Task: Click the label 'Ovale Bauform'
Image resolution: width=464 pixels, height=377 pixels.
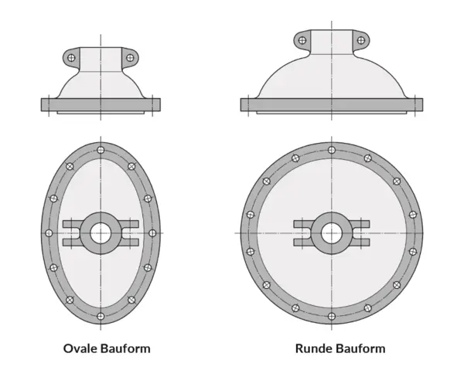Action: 107,348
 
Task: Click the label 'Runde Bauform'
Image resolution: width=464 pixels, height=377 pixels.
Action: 340,348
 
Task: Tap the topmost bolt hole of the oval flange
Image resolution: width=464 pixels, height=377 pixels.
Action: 101,150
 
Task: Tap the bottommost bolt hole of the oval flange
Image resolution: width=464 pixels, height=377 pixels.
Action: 101,316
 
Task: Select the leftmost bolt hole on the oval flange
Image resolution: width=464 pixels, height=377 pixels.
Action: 49,233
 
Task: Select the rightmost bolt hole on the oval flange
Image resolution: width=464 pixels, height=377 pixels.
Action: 152,233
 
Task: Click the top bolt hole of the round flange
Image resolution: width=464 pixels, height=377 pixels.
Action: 332,150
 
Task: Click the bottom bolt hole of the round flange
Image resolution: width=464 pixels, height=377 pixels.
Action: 332,316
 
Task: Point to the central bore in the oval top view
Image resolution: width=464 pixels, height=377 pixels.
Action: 101,233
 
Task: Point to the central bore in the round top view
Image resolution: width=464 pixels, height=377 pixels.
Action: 332,233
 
